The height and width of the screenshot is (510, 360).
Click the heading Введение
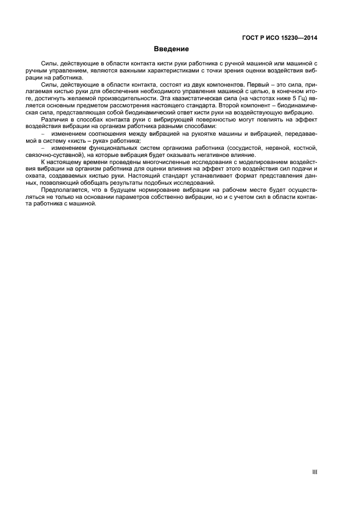pyautogui.click(x=171, y=49)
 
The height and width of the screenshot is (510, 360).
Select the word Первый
pyautogui.click(x=260, y=86)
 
